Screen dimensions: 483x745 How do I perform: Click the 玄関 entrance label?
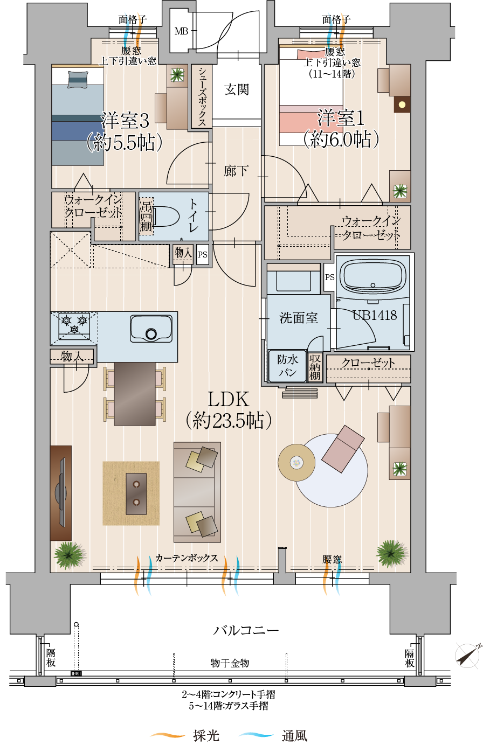236,89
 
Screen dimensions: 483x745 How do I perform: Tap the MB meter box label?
182,31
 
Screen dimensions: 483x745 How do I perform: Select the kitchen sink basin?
151,329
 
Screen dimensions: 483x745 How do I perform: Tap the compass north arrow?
468,655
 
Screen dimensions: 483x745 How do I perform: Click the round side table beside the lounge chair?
296,462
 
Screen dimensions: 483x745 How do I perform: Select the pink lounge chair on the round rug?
343,449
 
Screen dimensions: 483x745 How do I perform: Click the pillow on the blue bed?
78,80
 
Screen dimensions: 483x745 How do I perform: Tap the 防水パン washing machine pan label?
287,366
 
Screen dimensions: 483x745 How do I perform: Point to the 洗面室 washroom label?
299,318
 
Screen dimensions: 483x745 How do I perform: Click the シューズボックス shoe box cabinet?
202,96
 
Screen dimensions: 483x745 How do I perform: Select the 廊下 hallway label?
236,171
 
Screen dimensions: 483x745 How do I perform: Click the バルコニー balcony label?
245,630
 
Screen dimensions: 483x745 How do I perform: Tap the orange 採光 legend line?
168,735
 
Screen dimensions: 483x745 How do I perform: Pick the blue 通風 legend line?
256,735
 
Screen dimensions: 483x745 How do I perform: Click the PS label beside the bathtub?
329,277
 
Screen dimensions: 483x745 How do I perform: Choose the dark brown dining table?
135,394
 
